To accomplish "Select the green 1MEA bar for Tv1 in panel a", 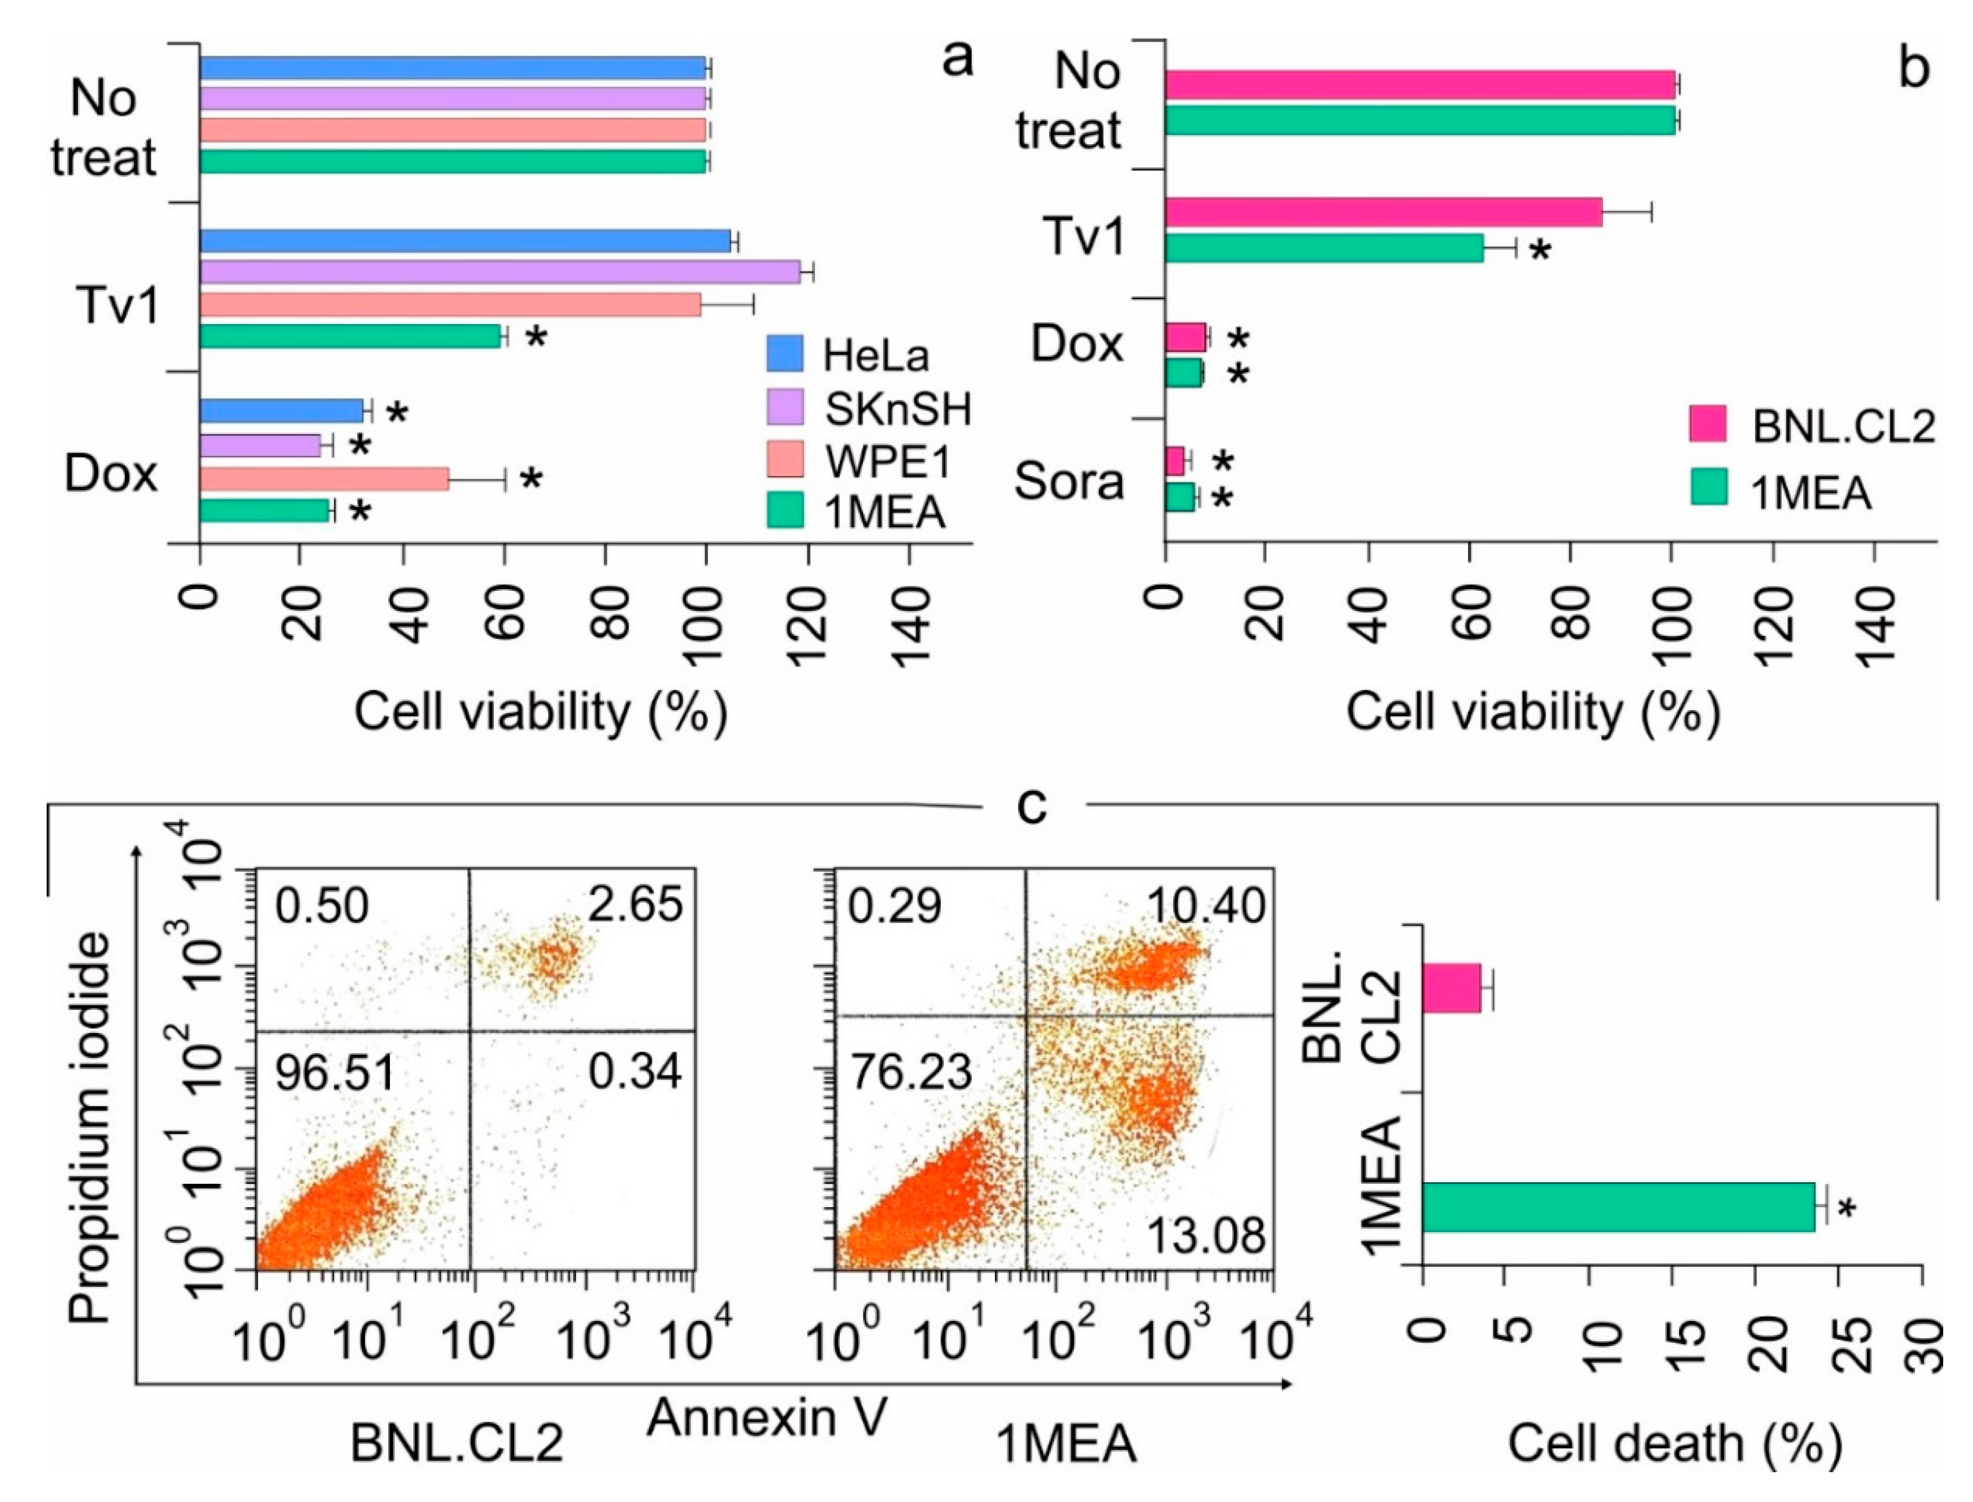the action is click(351, 336).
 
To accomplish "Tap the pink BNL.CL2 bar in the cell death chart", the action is click(1451, 988).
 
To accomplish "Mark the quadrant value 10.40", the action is click(1206, 906).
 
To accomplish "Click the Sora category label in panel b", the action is click(1069, 482).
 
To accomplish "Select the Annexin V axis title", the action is click(767, 1417).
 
